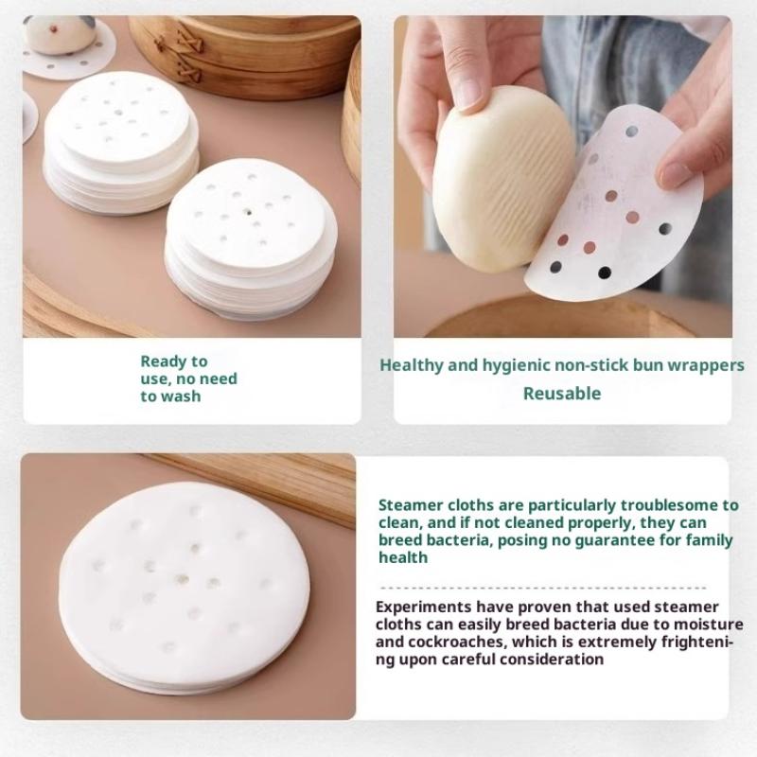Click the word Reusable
pyautogui.click(x=562, y=394)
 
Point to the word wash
pyautogui.click(x=180, y=396)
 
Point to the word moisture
pyautogui.click(x=708, y=625)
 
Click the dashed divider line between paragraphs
pyautogui.click(x=543, y=588)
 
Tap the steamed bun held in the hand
pyautogui.click(x=503, y=178)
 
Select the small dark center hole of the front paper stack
pyautogui.click(x=249, y=211)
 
